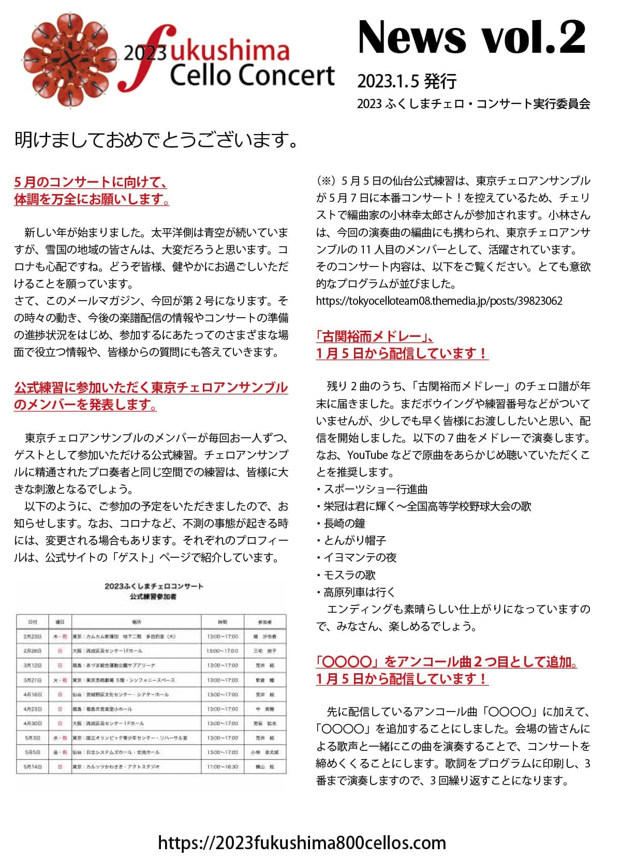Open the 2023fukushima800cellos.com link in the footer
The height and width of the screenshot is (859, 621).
point(302,842)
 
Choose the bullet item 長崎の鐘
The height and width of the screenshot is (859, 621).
point(344,524)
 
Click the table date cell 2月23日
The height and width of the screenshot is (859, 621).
point(33,636)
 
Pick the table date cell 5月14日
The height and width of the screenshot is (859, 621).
point(33,766)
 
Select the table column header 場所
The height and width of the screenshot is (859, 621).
point(136,621)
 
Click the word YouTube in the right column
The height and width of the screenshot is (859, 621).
point(367,455)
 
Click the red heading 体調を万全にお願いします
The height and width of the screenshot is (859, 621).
point(92,199)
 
